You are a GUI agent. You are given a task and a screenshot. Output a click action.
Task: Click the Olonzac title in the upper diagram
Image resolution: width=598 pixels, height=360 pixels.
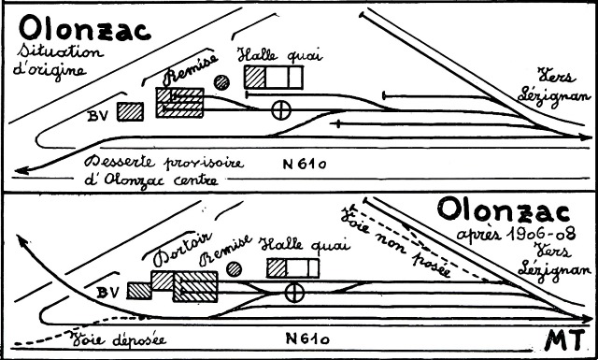tap(85, 28)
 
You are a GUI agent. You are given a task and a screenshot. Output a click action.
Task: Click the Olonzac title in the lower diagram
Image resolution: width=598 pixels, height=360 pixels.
tap(504, 211)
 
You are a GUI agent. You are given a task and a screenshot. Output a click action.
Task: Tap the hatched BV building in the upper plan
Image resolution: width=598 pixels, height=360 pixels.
tap(130, 111)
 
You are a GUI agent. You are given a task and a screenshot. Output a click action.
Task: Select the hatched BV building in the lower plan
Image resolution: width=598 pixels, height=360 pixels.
tap(139, 291)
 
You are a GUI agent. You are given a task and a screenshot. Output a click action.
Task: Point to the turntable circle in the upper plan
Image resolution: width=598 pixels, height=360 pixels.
tap(281, 110)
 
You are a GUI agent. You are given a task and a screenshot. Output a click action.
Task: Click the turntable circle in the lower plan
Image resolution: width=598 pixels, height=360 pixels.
tap(294, 293)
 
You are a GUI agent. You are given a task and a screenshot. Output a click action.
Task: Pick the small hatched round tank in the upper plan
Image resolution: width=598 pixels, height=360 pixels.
tap(221, 82)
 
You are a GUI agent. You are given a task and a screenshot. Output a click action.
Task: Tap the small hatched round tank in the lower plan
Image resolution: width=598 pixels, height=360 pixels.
tap(234, 269)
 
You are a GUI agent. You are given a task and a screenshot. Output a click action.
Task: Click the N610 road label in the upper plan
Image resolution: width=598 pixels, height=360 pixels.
tap(305, 165)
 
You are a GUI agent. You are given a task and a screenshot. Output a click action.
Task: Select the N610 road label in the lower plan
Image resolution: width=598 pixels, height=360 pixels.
tap(307, 338)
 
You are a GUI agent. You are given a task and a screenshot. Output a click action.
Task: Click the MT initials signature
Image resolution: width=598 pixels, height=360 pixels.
tap(564, 339)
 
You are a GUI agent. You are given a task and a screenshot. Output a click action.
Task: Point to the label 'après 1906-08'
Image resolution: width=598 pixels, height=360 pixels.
tap(516, 234)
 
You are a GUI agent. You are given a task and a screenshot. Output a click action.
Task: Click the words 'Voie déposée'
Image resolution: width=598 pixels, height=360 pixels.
tap(118, 339)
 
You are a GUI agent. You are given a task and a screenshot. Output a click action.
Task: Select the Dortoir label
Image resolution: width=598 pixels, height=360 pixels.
tap(183, 250)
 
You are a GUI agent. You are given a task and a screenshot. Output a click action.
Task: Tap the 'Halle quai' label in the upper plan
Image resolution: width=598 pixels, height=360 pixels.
tap(280, 55)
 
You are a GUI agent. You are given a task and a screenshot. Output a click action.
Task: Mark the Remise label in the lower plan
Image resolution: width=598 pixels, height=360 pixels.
tap(226, 250)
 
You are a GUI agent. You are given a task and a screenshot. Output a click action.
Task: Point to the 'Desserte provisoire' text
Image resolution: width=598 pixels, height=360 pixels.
tap(164, 163)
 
